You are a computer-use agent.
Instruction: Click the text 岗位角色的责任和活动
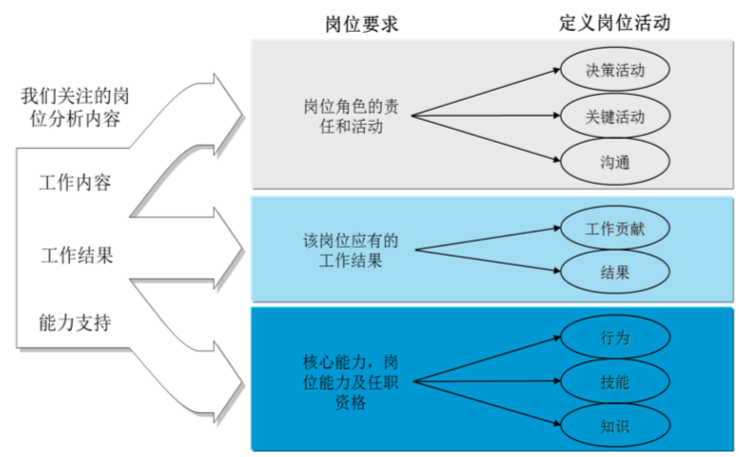pos(343,116)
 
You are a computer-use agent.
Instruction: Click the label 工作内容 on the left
pos(75,184)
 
